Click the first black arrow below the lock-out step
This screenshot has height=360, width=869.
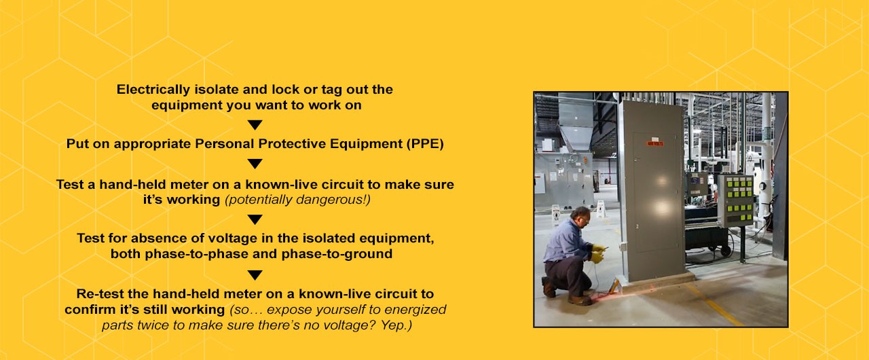pyautogui.click(x=255, y=125)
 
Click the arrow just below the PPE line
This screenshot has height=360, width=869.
pyautogui.click(x=255, y=164)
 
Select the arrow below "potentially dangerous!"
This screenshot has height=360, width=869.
pyautogui.click(x=255, y=219)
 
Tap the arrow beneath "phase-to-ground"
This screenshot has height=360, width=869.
pyautogui.click(x=255, y=275)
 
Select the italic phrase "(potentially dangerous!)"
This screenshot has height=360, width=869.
pyautogui.click(x=297, y=200)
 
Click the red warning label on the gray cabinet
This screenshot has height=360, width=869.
pyautogui.click(x=654, y=143)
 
